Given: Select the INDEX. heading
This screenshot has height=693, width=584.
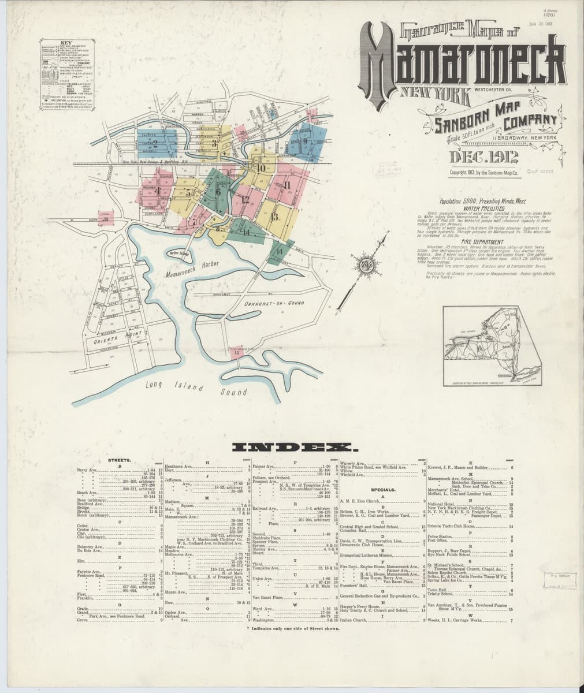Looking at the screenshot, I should click(x=295, y=448).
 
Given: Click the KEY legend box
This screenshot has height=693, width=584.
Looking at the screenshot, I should click(x=68, y=72).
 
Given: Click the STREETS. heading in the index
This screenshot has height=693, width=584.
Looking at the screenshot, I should click(x=119, y=460).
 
